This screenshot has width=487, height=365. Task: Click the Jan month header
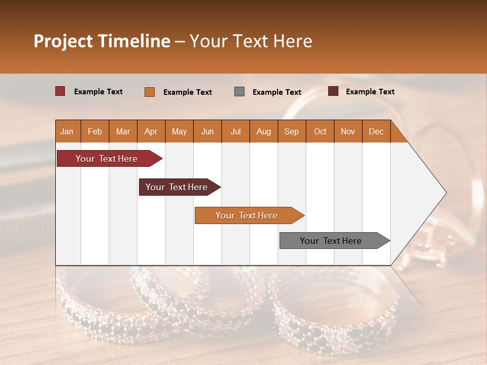[67, 131]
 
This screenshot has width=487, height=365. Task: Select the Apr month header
[151, 131]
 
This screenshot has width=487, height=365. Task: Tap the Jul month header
[235, 131]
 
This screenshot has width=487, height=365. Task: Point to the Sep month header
[291, 131]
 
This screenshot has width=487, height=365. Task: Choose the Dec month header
[376, 131]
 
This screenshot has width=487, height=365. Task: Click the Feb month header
[95, 131]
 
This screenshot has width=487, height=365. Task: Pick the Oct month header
[320, 131]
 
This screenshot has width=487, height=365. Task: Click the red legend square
[60, 91]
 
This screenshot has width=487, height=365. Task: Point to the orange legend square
[150, 92]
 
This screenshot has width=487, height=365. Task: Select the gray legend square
[239, 92]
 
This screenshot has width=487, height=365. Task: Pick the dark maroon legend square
[333, 91]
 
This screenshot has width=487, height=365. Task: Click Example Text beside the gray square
[277, 92]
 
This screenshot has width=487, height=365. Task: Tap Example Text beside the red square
[98, 92]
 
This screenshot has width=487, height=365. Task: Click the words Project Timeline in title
[102, 41]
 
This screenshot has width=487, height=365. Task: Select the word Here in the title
[293, 41]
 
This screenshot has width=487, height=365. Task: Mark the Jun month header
[207, 131]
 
